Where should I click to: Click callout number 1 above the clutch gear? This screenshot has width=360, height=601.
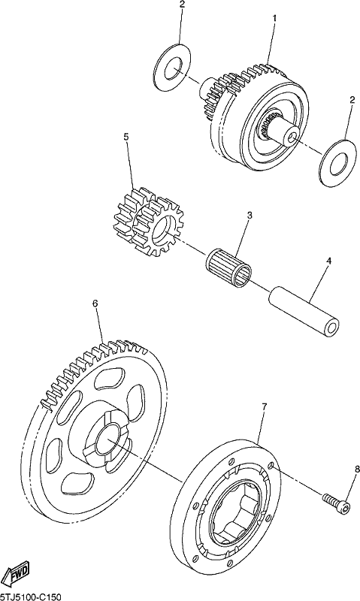coord(274,18)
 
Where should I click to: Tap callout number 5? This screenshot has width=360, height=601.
coord(126,137)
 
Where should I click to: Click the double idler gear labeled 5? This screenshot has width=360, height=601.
coord(149,222)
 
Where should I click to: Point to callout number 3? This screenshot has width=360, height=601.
coord(250,215)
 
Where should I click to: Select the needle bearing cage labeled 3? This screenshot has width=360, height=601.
coord(227,268)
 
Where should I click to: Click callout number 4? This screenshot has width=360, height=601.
coord(328,261)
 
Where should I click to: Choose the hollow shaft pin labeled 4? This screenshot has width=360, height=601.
coord(305,313)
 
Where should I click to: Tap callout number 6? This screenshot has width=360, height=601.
coord(95,304)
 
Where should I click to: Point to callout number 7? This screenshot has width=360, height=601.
coord(264,406)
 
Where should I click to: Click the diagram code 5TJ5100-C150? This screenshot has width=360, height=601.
coord(31,596)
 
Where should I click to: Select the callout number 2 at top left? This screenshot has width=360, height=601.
coord(182,5)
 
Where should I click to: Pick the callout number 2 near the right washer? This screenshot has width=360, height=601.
coord(352,101)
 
